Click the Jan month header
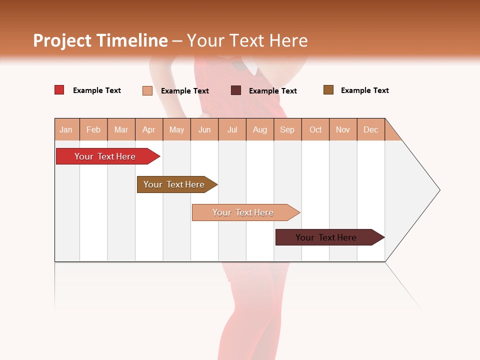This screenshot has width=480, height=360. click(x=66, y=129)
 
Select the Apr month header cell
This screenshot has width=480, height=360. click(x=149, y=129)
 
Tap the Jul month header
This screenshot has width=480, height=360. click(x=232, y=129)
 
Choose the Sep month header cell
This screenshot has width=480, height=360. click(x=287, y=129)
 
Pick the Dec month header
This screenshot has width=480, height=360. click(x=371, y=129)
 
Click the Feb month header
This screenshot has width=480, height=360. click(x=93, y=129)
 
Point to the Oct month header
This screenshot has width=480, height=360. click(x=315, y=129)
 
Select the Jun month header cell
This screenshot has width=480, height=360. click(x=204, y=129)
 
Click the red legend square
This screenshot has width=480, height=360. click(x=59, y=90)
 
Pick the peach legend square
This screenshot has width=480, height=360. click(x=147, y=90)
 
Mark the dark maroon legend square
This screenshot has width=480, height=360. click(x=236, y=90)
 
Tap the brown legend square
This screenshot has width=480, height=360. click(x=328, y=90)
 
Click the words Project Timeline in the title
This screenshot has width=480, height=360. click(x=100, y=40)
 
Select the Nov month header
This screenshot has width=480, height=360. click(x=343, y=129)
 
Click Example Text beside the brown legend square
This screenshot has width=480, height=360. click(x=364, y=90)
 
